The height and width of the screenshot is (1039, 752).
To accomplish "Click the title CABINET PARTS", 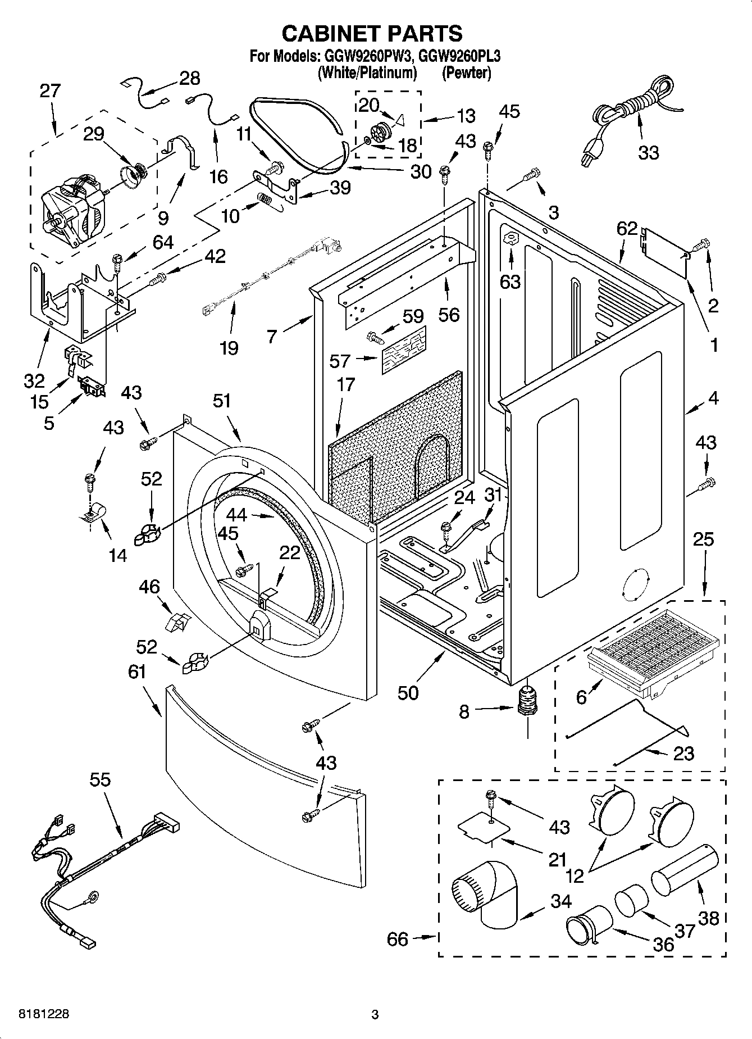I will coord(372,34).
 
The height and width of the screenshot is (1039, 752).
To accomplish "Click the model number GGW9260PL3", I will coord(460,56).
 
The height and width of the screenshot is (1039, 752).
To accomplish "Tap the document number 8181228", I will coord(44,1014).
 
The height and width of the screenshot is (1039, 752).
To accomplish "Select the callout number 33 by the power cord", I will coord(648,152).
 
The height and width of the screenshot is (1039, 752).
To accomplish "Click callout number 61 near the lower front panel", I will coord(137,672).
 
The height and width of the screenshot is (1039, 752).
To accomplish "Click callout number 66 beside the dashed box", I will coord(398,939).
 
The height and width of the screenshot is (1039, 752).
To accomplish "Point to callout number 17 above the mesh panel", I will coord(346,384).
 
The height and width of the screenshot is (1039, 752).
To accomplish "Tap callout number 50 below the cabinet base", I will coord(408,692).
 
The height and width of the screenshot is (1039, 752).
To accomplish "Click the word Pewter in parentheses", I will coord(466,72).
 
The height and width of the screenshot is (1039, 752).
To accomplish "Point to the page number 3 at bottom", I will coord(375,1014).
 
